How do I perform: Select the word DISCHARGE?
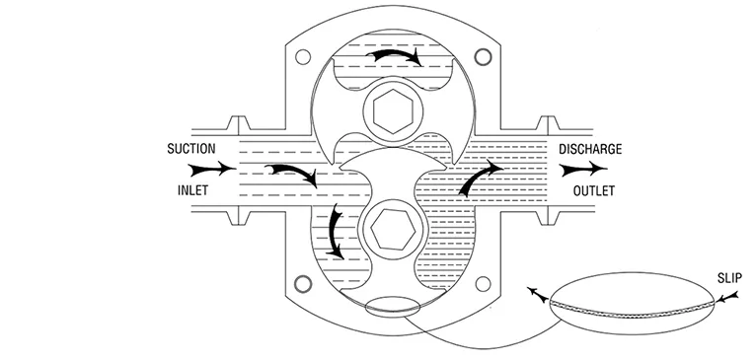click(590, 151)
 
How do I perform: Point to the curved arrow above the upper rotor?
click(395, 55)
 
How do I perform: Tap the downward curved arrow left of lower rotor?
click(337, 233)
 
